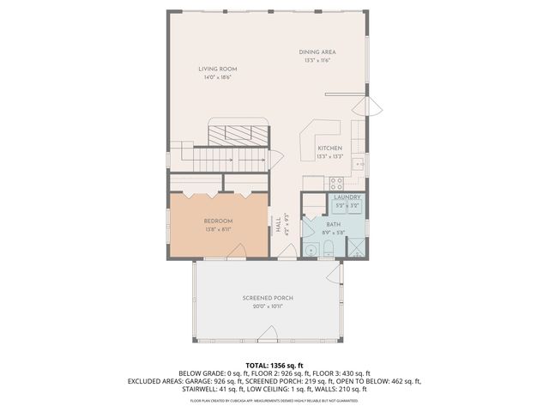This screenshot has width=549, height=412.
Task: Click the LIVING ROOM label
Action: click(x=218, y=69)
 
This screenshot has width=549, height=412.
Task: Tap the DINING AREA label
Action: click(x=317, y=52)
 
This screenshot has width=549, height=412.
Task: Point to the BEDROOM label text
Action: click(x=219, y=221)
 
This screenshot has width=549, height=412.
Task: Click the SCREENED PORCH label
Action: click(x=268, y=298)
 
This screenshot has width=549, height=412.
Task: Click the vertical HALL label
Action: click(x=278, y=225)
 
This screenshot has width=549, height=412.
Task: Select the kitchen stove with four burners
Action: click(x=336, y=183)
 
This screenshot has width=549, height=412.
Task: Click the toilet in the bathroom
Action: click(x=329, y=249)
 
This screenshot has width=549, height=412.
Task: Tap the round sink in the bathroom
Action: click(x=310, y=251)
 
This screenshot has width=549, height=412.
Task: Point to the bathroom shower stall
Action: click(x=353, y=248)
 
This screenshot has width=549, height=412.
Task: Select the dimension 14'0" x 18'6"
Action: click(x=218, y=77)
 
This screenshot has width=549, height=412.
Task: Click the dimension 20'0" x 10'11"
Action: click(x=268, y=306)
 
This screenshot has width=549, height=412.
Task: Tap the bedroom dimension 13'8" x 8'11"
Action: click(x=219, y=229)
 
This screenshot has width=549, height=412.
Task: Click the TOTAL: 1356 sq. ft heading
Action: click(x=274, y=365)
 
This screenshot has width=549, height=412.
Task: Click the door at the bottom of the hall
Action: click(x=285, y=252)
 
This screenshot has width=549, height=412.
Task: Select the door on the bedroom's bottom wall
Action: click(x=238, y=251)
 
